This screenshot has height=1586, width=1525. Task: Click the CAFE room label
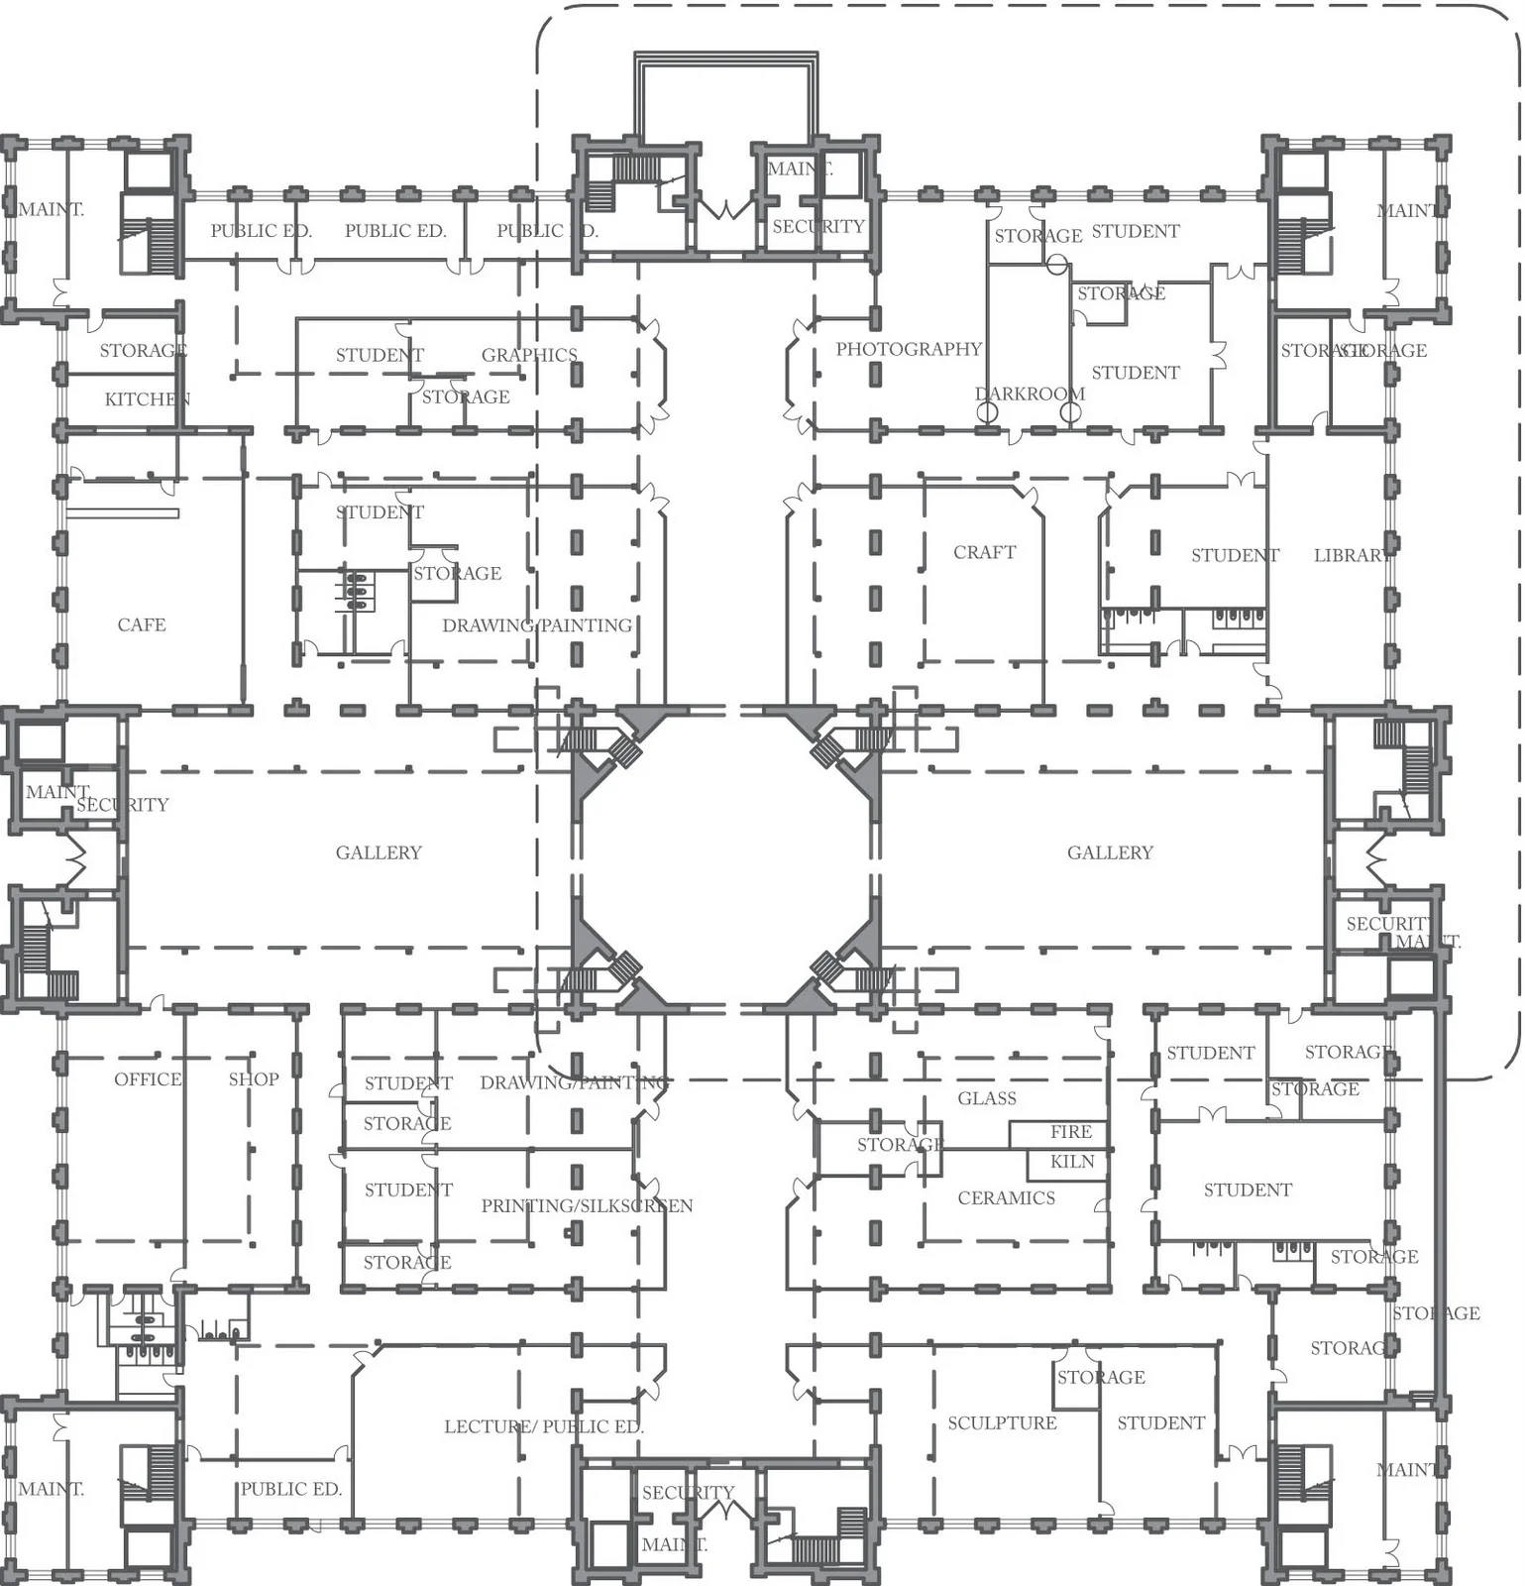(x=142, y=625)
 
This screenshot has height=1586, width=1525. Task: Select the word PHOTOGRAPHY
(x=908, y=349)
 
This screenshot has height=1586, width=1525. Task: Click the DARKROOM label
(x=1030, y=394)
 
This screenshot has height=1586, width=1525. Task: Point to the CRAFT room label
(x=984, y=552)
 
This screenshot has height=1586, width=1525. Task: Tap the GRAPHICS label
(x=529, y=355)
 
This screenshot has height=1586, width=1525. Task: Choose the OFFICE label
(x=148, y=1079)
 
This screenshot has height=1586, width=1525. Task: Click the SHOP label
(x=254, y=1079)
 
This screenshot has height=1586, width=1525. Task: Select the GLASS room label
(x=987, y=1098)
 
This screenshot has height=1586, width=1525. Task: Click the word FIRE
(x=1071, y=1132)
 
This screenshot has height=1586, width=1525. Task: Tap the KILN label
(x=1072, y=1162)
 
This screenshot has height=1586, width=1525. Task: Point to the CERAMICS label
(x=1006, y=1198)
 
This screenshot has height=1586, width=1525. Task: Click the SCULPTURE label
(x=1002, y=1423)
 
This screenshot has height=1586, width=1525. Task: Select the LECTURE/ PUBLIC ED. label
(x=543, y=1427)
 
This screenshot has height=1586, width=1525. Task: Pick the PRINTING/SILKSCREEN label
(x=587, y=1206)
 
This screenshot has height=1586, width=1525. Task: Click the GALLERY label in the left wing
(x=379, y=852)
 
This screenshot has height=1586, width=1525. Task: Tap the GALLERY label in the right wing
(x=1110, y=852)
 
